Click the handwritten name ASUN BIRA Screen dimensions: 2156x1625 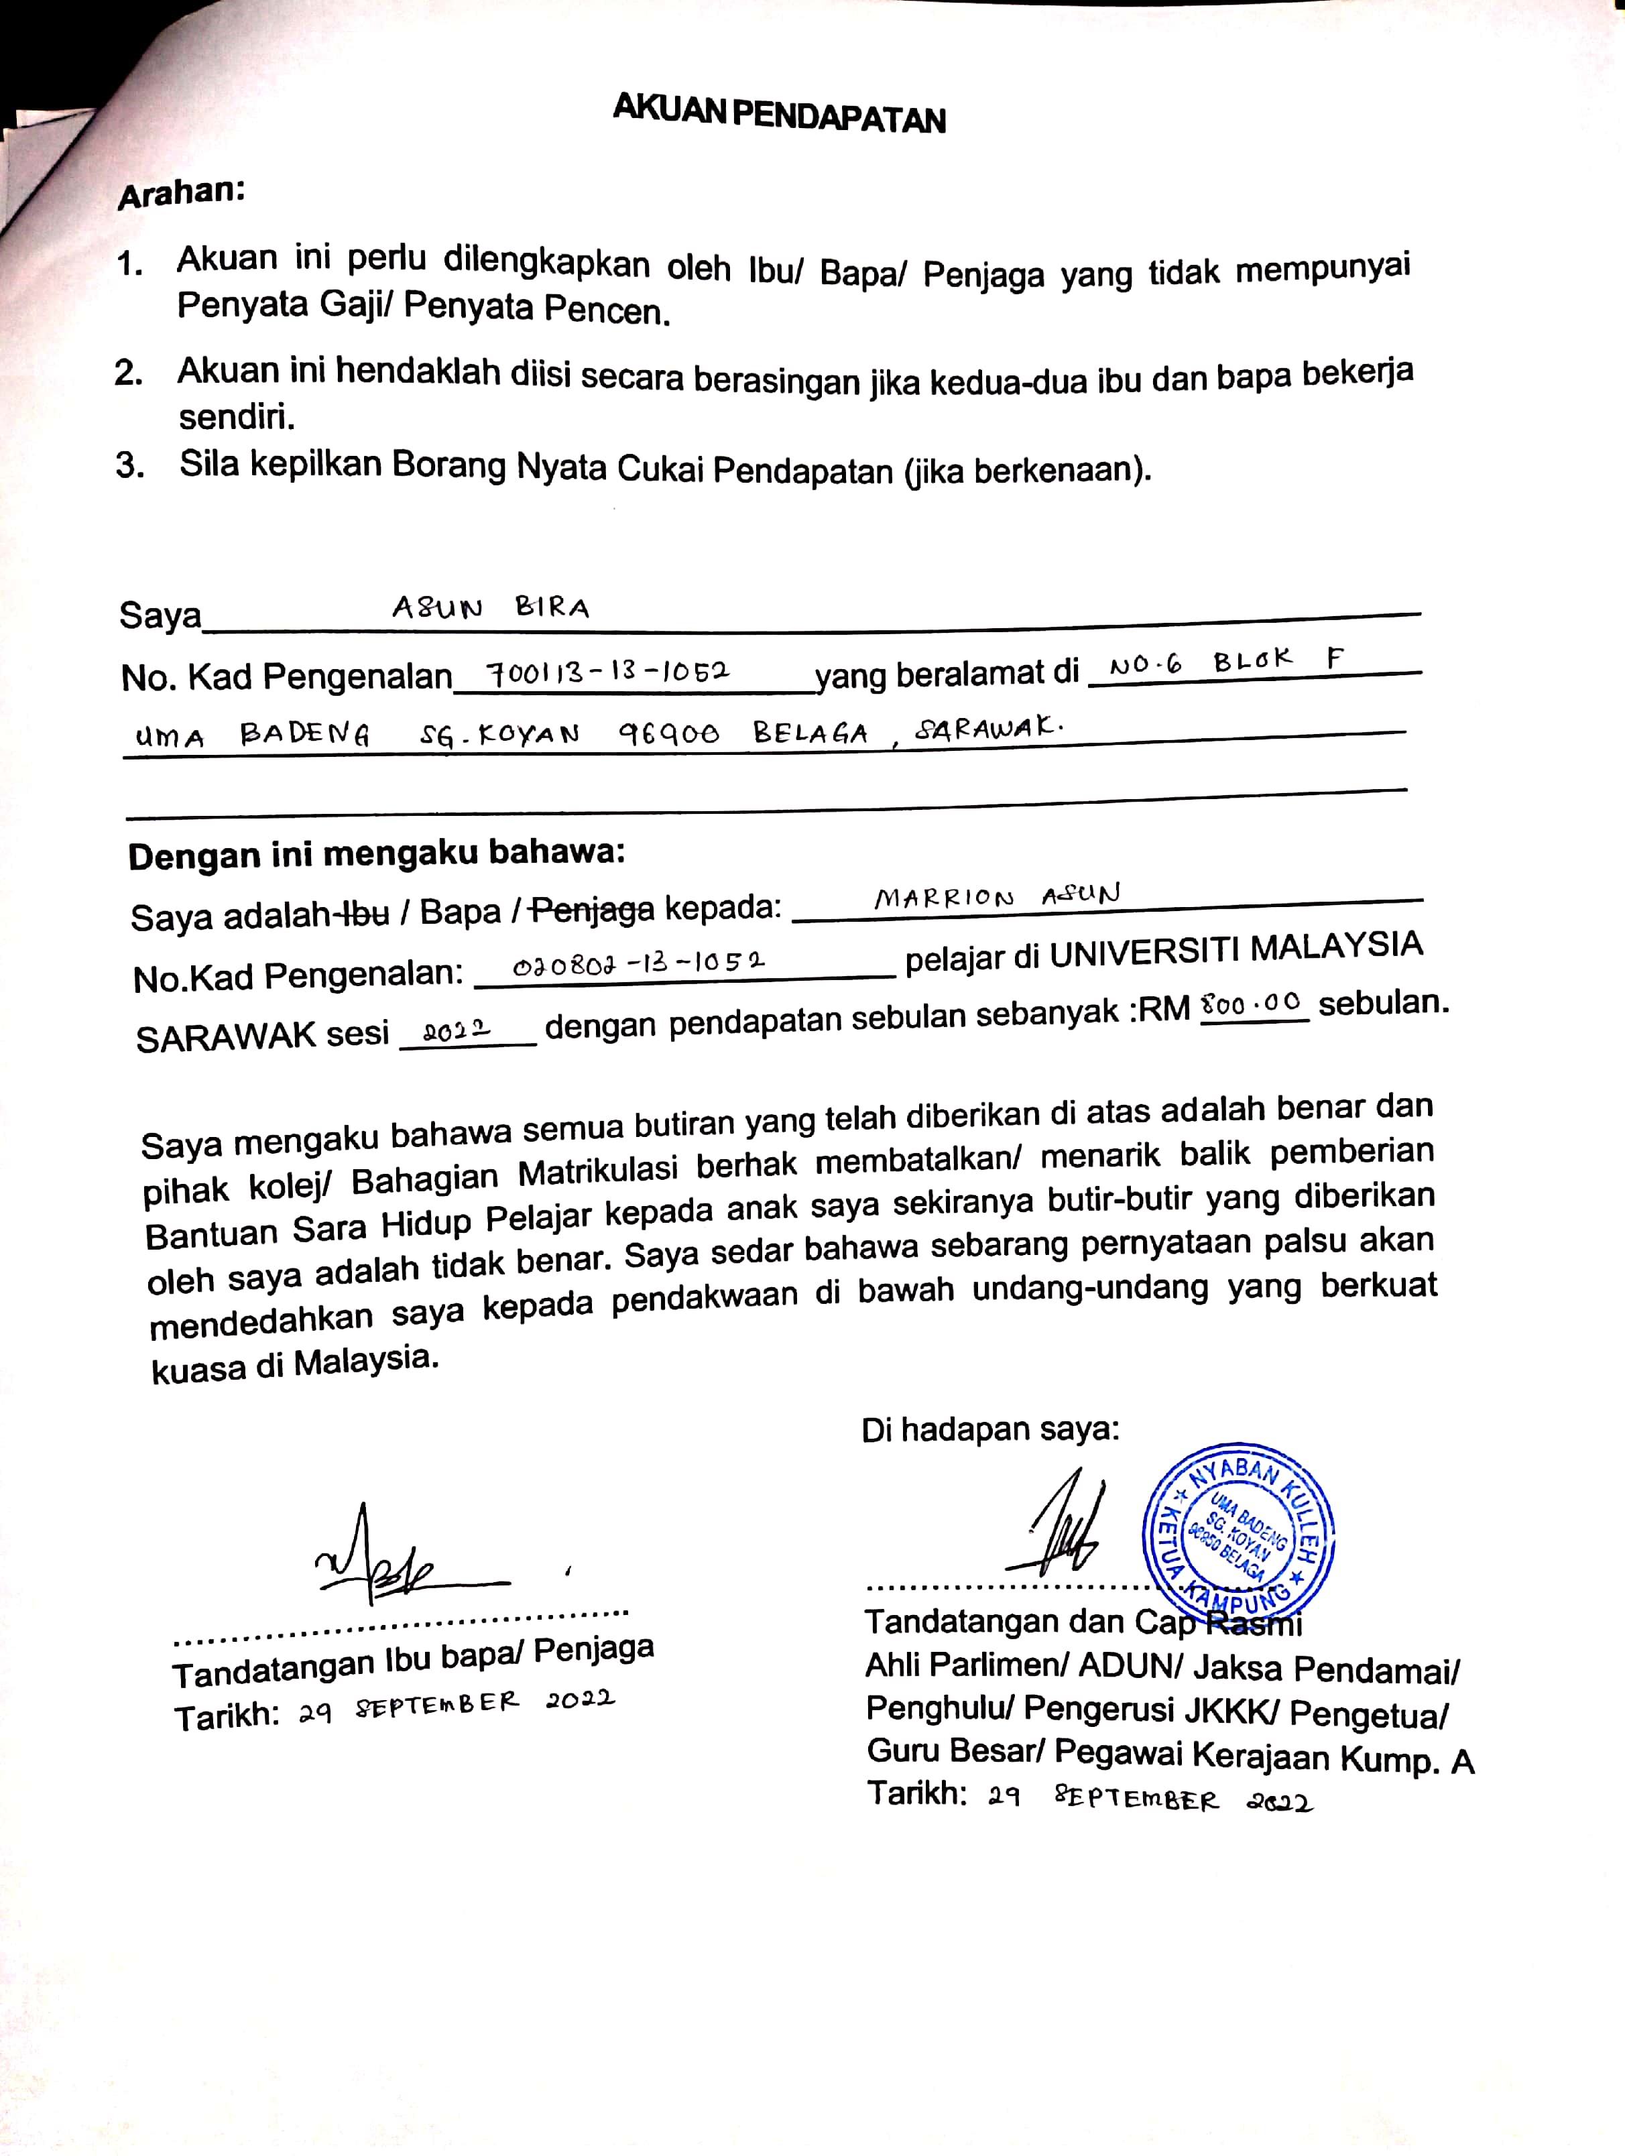490,608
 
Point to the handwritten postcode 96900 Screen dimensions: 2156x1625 669,733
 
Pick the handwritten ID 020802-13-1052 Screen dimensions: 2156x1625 638,964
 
